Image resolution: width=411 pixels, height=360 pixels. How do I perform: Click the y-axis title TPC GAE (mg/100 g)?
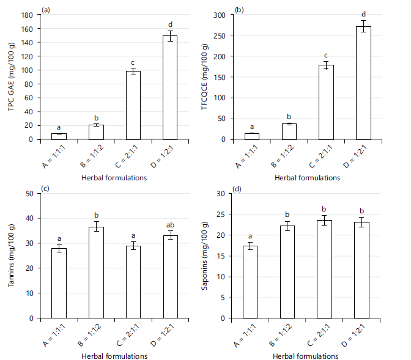point(11,76)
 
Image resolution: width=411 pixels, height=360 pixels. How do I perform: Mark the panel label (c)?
point(45,188)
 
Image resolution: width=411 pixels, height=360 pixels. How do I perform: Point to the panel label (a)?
point(45,10)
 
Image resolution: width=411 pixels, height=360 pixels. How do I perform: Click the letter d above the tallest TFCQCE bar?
point(363,14)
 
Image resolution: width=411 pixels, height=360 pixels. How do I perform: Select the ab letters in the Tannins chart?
point(169,225)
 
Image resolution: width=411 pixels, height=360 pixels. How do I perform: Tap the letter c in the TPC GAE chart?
point(133,62)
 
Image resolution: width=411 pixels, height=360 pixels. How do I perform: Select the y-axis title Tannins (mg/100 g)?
point(11,255)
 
